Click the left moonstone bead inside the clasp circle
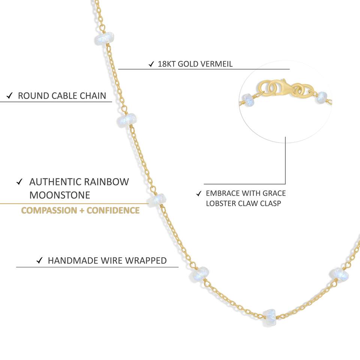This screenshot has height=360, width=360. click(249, 99)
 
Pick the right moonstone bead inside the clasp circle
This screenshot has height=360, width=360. click(322, 97)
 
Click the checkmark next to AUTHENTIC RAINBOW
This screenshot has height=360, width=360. click(19, 182)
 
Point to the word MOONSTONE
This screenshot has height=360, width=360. click(60, 195)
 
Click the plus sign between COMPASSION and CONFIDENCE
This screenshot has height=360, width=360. click(81, 210)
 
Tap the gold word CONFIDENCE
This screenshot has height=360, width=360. click(113, 210)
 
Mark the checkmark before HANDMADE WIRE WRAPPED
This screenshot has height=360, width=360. click(39, 261)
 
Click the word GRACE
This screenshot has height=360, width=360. click(273, 193)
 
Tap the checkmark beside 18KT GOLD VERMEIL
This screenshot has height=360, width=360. click(151, 64)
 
